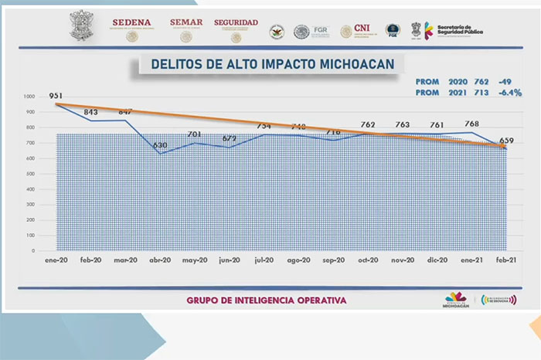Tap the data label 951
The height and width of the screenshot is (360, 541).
[56, 97]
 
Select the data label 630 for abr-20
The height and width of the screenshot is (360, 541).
[160, 145]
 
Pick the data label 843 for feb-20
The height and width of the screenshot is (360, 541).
[90, 112]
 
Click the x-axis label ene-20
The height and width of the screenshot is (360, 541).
[56, 261]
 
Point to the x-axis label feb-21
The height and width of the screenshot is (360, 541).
[506, 261]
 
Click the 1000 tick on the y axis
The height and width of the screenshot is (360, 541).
[29, 97]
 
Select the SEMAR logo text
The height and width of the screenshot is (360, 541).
[186, 22]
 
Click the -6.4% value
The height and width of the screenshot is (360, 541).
[510, 93]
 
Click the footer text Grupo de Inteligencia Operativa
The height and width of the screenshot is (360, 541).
[267, 300]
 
